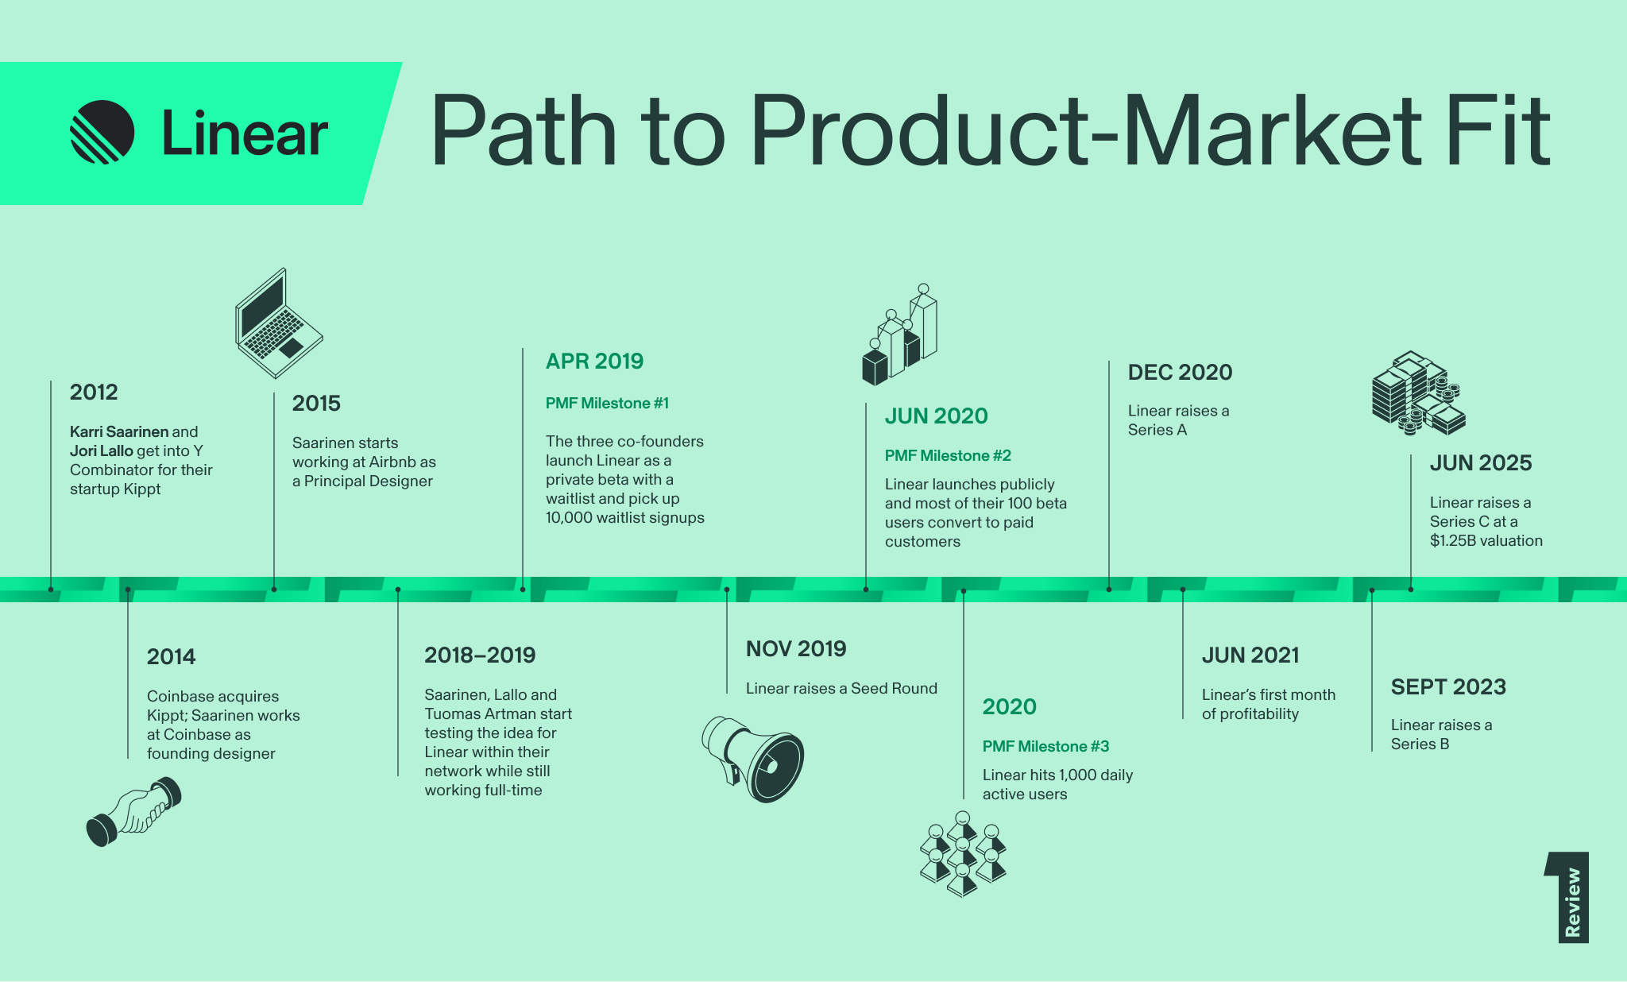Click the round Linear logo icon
(102, 132)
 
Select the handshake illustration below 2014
(133, 811)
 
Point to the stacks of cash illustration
(1419, 393)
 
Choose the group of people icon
(963, 854)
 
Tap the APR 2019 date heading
(594, 361)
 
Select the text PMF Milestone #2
(948, 455)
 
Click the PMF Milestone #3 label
(1045, 746)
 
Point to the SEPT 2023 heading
(1448, 687)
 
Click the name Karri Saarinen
(119, 431)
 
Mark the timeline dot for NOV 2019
(727, 590)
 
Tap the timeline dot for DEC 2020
(1109, 590)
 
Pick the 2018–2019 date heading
(480, 655)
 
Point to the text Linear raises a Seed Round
(841, 688)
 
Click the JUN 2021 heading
(1250, 655)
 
